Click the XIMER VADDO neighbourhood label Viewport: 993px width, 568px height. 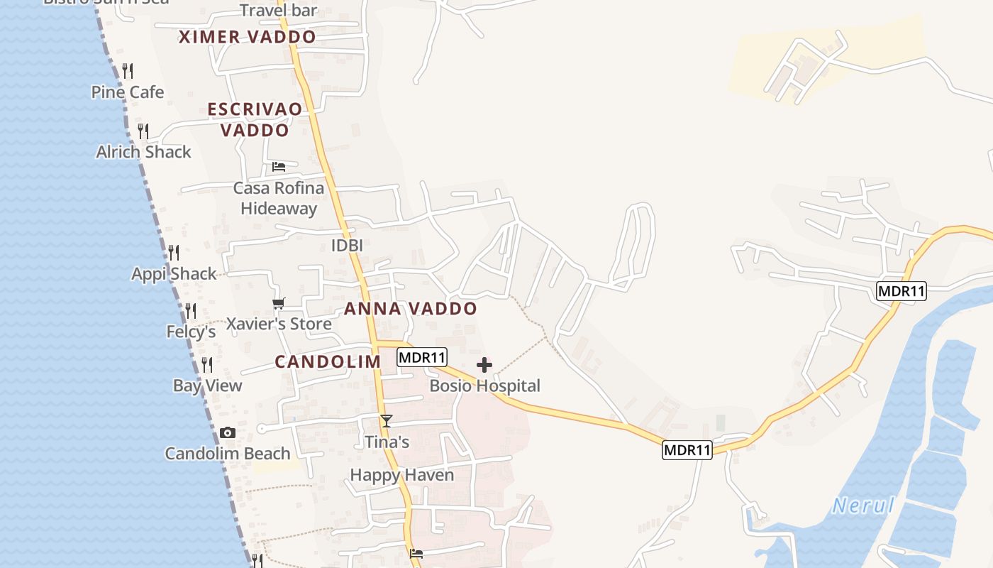[247, 37]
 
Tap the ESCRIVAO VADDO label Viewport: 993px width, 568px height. [255, 119]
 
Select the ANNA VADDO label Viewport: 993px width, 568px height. [411, 309]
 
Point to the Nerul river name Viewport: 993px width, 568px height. [862, 506]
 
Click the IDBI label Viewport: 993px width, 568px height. [347, 246]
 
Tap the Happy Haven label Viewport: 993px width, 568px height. [401, 475]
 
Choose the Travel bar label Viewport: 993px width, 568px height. [279, 11]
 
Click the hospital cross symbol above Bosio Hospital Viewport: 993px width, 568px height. [484, 366]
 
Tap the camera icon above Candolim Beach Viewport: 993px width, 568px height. [228, 432]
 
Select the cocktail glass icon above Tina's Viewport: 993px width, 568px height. [386, 421]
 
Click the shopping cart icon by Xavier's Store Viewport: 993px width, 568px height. [279, 304]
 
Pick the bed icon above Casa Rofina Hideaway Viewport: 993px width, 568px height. [279, 167]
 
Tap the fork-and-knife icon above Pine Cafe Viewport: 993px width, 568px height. [128, 71]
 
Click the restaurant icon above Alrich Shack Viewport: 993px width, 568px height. [143, 131]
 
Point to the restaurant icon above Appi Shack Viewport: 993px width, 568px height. [174, 253]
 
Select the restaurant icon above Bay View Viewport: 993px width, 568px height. [207, 365]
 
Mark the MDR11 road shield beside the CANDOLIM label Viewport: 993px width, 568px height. [422, 357]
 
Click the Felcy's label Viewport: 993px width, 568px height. [191, 332]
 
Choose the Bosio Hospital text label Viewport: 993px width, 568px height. [485, 386]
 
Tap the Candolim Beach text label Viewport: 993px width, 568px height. [228, 453]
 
